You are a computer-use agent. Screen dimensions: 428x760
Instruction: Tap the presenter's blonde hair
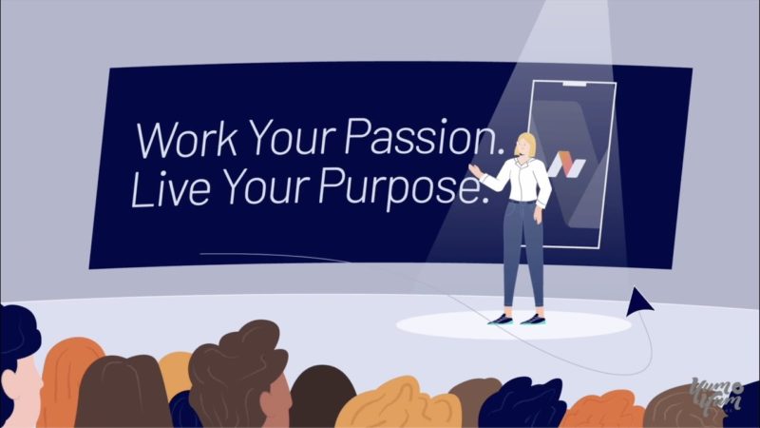[527, 143]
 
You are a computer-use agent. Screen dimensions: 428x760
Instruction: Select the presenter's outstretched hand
[474, 170]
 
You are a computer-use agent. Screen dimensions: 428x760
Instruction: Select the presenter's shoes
[517, 319]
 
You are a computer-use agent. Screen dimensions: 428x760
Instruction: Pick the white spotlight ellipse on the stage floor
[513, 325]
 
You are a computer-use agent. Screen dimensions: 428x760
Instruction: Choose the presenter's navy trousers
[523, 252]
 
